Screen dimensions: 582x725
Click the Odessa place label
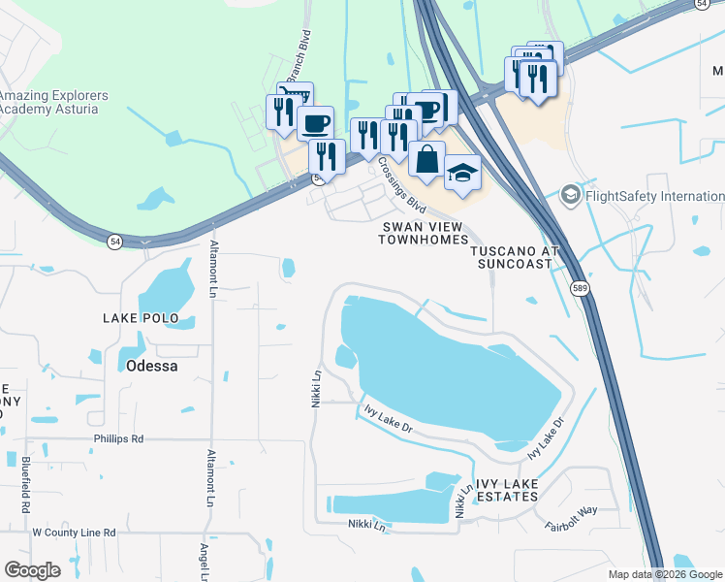[151, 366]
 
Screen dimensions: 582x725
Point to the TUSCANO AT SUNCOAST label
[516, 256]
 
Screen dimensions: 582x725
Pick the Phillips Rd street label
[118, 438]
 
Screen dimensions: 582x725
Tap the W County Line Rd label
[74, 533]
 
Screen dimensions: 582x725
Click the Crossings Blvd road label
[402, 184]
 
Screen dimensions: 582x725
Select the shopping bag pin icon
[426, 158]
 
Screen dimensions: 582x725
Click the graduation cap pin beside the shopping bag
[462, 172]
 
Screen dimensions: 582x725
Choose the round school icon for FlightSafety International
[571, 196]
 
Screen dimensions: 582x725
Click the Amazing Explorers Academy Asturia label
[53, 102]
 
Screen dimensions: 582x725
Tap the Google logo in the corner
[33, 570]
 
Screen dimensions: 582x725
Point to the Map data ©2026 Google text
[664, 574]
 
